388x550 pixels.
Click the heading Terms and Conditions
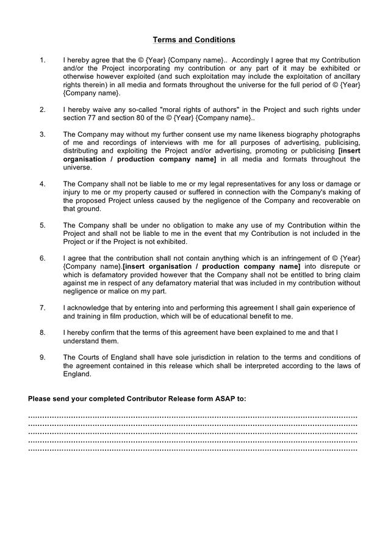[x=193, y=40]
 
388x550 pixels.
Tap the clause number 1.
[x=42, y=60]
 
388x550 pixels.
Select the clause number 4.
[x=42, y=183]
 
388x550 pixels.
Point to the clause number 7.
[x=42, y=307]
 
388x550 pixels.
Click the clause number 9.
[x=42, y=357]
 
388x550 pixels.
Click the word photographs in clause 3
[x=339, y=134]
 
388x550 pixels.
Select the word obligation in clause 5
[x=182, y=225]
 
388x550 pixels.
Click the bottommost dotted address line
[x=193, y=449]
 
